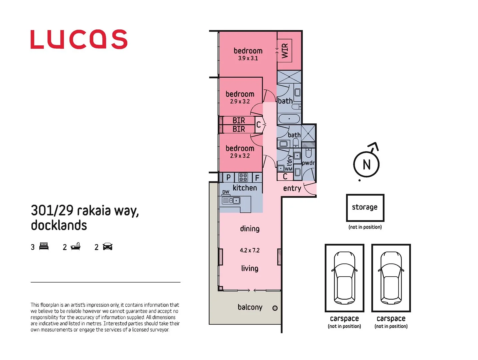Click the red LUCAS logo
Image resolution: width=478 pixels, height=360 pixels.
79,39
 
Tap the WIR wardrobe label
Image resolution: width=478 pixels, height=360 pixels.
285,51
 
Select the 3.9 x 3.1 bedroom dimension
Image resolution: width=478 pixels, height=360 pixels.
248,58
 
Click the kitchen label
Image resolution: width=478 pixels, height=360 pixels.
245,188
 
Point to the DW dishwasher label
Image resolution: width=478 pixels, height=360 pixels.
226,192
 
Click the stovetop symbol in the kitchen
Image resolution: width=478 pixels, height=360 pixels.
243,177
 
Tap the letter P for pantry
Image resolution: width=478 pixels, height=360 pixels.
228,177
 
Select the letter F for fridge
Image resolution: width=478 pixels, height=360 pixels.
257,178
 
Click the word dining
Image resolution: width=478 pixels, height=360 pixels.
250,229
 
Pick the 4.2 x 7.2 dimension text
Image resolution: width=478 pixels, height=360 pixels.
250,250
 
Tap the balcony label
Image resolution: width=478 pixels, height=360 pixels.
250,307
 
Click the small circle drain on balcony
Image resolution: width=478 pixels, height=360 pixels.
275,308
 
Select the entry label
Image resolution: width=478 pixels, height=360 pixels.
292,188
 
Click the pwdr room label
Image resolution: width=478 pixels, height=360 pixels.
308,163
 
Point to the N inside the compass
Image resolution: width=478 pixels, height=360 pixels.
366,165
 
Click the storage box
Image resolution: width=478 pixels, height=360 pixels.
365,208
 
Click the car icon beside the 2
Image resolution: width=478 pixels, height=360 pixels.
108,247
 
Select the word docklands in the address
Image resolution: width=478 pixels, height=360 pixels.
59,225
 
